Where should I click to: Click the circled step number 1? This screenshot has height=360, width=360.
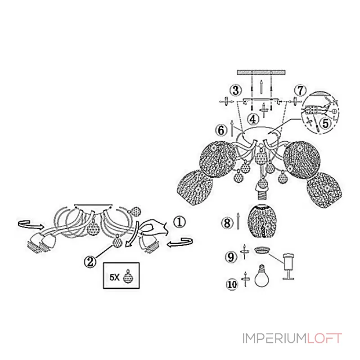(x=180, y=222)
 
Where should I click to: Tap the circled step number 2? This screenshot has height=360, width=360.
(x=90, y=261)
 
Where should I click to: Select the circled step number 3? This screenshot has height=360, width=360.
(x=236, y=90)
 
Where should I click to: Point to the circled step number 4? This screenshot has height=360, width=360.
(x=253, y=119)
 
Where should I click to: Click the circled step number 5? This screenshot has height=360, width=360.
(x=325, y=123)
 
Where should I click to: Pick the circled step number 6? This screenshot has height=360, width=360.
(x=221, y=130)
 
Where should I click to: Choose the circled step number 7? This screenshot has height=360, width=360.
(x=300, y=90)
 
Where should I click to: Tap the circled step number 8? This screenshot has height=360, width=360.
(x=227, y=223)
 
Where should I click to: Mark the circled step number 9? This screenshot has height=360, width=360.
(x=231, y=256)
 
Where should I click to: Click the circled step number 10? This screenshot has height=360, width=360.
(x=232, y=284)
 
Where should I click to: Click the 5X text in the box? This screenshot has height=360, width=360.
(x=114, y=277)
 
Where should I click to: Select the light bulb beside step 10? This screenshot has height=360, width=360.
(x=261, y=276)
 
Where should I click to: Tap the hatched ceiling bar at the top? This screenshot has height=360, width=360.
(x=261, y=72)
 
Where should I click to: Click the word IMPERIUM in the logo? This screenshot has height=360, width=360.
(x=274, y=338)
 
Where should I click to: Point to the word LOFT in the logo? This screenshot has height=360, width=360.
(x=324, y=338)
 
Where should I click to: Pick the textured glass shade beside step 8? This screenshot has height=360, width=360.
(x=261, y=222)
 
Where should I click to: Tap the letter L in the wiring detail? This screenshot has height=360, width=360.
(x=335, y=118)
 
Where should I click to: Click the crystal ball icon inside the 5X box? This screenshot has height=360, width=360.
(x=127, y=276)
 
